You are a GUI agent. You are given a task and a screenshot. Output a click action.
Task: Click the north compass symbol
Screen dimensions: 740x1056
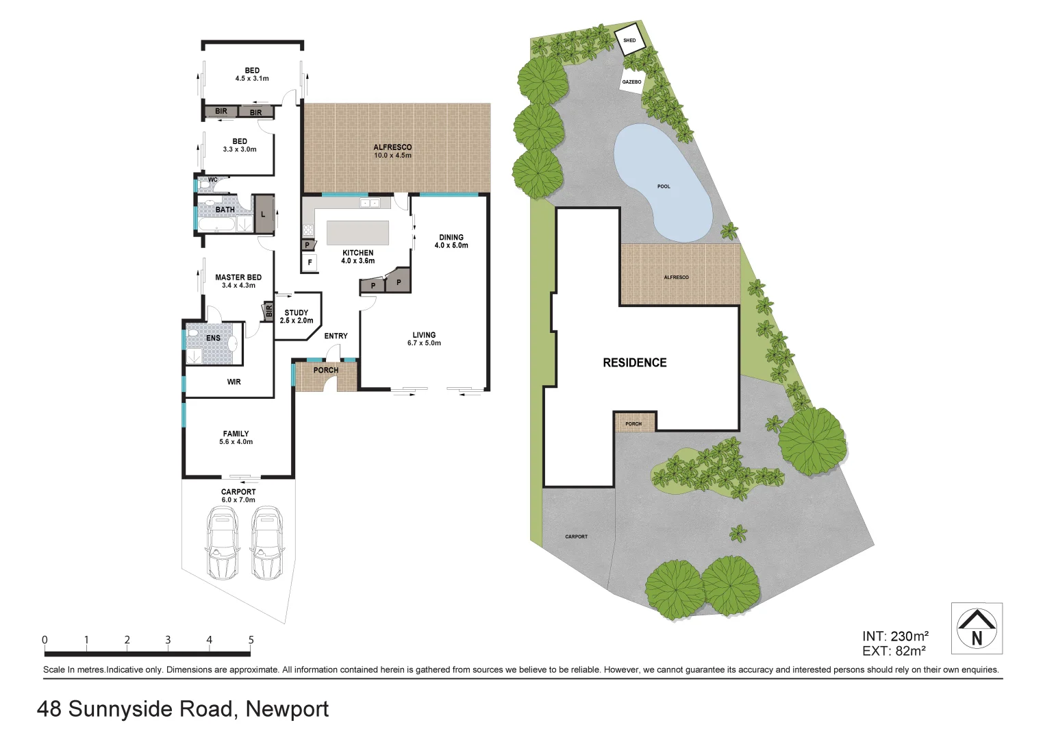pyautogui.click(x=977, y=628)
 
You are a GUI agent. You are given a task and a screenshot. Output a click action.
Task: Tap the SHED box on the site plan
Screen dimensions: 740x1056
pyautogui.click(x=629, y=40)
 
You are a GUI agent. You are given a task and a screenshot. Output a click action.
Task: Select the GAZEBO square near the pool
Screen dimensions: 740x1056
pyautogui.click(x=631, y=82)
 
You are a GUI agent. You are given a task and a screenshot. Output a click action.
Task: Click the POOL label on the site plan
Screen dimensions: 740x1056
pyautogui.click(x=664, y=186)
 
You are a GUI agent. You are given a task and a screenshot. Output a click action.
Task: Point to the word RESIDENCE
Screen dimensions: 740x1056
pyautogui.click(x=634, y=362)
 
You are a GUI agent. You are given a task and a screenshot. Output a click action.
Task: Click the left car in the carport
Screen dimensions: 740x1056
pyautogui.click(x=221, y=543)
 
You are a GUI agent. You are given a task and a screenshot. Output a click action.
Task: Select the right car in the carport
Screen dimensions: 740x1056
pyautogui.click(x=266, y=543)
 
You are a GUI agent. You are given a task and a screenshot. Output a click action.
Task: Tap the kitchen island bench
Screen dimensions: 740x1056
pyautogui.click(x=357, y=232)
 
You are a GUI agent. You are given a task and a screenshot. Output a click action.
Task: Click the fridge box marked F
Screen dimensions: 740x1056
pyautogui.click(x=310, y=262)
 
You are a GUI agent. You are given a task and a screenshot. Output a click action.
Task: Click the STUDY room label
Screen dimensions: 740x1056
pyautogui.click(x=296, y=312)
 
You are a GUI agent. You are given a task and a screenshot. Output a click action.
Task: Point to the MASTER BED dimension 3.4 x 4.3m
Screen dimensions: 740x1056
pyautogui.click(x=238, y=286)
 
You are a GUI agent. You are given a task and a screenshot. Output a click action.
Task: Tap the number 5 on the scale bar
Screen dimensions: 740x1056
pyautogui.click(x=251, y=640)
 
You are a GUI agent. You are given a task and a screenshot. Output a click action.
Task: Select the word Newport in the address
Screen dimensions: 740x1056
pyautogui.click(x=287, y=708)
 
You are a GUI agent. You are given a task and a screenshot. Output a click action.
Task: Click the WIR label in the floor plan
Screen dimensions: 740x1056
pyautogui.click(x=234, y=382)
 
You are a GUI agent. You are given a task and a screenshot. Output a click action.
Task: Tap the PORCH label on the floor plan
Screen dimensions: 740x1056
pyautogui.click(x=325, y=370)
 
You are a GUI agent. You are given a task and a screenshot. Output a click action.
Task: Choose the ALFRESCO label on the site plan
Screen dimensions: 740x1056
pyautogui.click(x=676, y=277)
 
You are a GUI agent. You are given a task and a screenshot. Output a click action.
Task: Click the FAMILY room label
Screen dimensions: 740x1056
pyautogui.click(x=236, y=434)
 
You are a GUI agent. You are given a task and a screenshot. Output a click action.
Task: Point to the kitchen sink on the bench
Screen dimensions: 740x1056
pyautogui.click(x=370, y=203)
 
